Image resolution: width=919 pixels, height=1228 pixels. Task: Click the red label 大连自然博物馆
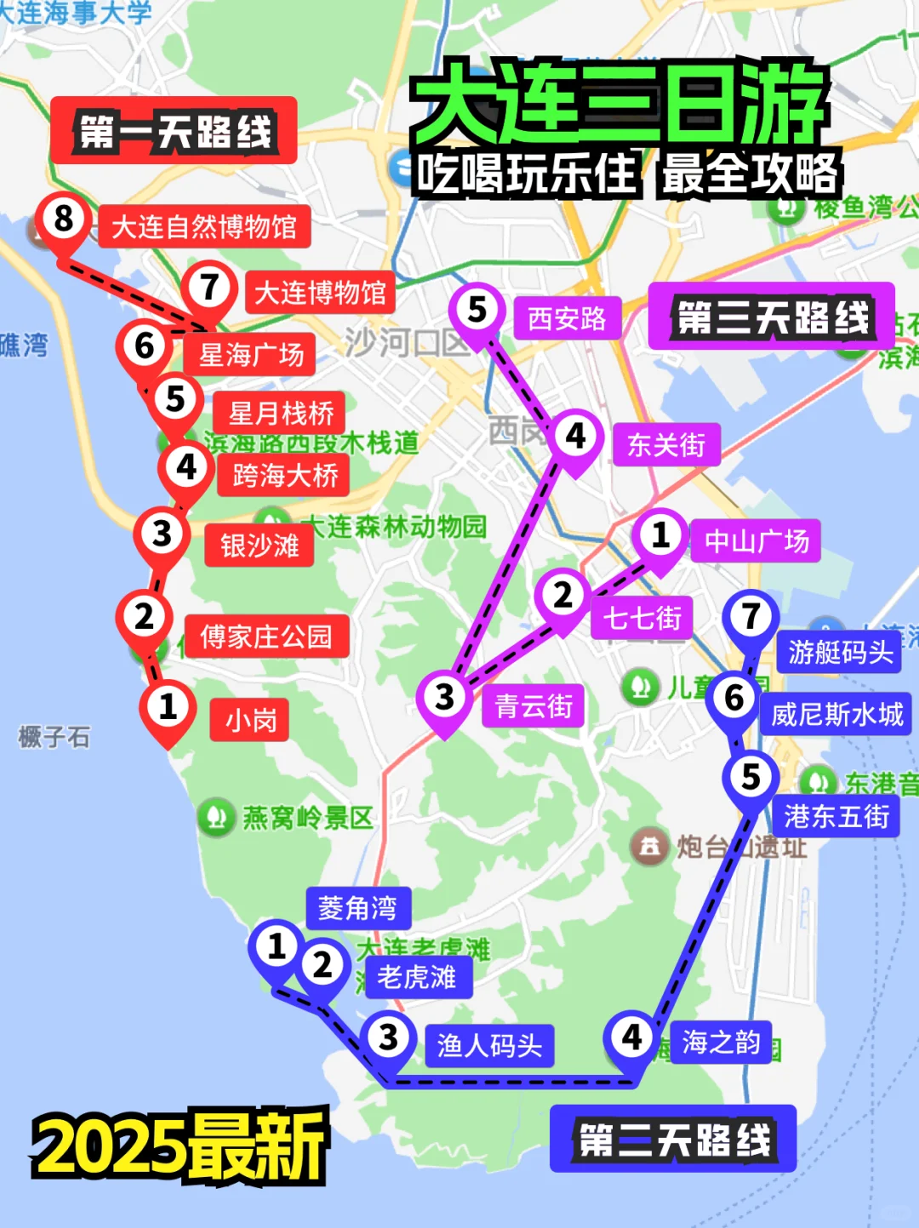click(x=204, y=227)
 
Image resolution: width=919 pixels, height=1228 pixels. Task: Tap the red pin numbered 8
click(x=64, y=220)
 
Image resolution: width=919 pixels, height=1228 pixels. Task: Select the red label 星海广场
click(x=250, y=355)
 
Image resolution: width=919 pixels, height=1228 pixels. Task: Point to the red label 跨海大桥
click(x=284, y=475)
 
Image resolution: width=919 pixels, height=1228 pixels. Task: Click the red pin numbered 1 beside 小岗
click(x=168, y=707)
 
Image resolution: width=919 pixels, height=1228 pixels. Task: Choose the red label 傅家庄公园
click(x=266, y=637)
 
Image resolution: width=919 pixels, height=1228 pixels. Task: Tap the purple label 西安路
click(x=567, y=319)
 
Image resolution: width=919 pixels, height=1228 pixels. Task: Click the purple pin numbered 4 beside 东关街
click(x=576, y=437)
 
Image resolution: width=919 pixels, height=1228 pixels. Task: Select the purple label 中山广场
click(x=756, y=541)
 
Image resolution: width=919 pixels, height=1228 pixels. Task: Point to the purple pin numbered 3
click(x=444, y=697)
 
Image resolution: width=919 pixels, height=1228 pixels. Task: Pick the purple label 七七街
click(x=642, y=618)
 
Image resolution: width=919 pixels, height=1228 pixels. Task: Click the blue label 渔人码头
click(x=489, y=1046)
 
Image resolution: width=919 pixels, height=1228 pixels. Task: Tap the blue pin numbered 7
click(x=751, y=617)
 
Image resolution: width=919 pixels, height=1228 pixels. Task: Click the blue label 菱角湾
click(x=357, y=908)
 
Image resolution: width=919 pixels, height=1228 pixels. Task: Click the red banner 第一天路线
click(x=174, y=131)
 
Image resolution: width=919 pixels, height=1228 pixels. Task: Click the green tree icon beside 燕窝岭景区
click(x=216, y=817)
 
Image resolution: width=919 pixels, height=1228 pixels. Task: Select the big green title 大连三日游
click(x=619, y=105)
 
